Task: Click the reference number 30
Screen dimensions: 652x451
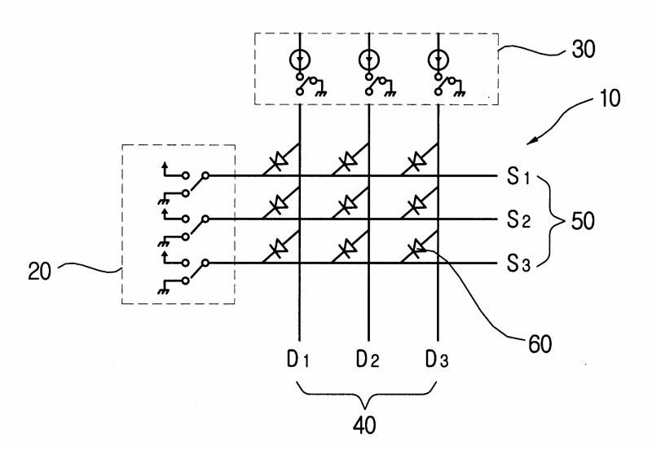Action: (584, 49)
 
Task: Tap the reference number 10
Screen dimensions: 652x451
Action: (609, 99)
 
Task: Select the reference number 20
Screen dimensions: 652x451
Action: (39, 272)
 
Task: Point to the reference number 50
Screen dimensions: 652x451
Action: (583, 221)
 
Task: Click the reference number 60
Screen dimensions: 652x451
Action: (540, 344)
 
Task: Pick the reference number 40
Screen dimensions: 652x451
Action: (364, 425)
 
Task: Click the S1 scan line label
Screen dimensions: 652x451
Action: (518, 176)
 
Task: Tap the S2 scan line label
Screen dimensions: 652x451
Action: (518, 219)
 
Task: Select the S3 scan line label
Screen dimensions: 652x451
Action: (518, 263)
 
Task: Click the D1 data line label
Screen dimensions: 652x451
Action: (297, 360)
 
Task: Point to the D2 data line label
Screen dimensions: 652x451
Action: (368, 360)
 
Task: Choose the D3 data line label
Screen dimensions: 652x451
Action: (437, 360)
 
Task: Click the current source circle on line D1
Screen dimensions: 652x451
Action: (299, 60)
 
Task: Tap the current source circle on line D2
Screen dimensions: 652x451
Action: (368, 60)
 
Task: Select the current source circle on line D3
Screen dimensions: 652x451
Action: (438, 60)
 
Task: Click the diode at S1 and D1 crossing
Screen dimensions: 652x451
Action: (278, 161)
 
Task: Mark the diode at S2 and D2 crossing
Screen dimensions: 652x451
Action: (347, 205)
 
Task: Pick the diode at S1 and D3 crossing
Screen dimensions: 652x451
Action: (416, 161)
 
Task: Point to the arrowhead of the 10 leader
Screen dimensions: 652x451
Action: (529, 143)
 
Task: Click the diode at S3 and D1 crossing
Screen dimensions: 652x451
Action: (278, 249)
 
